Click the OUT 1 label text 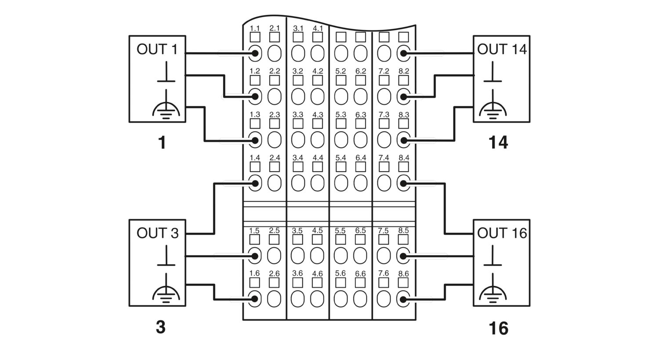[x=157, y=49]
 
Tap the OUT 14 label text [x=502, y=49]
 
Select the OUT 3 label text [x=158, y=233]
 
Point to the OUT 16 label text [x=502, y=233]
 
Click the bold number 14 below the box [x=498, y=143]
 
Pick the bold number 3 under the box [x=161, y=327]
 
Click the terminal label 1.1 [x=255, y=29]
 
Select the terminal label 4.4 [x=318, y=158]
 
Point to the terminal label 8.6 [x=404, y=274]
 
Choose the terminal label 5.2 [x=340, y=72]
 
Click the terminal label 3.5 [x=297, y=230]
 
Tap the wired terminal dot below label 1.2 [x=255, y=97]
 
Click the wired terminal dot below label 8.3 [x=404, y=140]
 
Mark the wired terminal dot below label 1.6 [x=254, y=299]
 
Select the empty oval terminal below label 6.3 [x=360, y=140]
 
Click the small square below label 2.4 [x=275, y=167]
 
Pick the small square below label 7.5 [x=384, y=240]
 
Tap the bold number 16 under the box [x=499, y=328]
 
